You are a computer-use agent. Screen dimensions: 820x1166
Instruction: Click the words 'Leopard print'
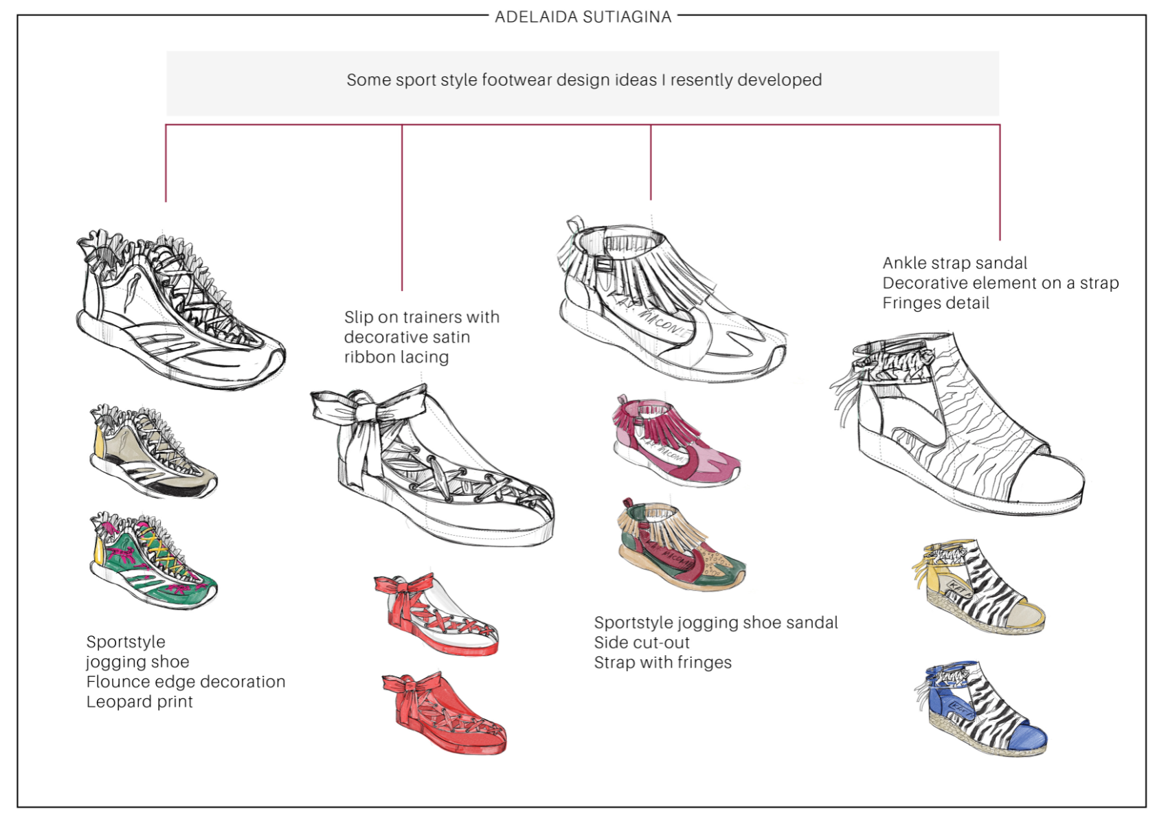point(139,702)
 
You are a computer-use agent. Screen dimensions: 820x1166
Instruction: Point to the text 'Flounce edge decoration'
point(186,682)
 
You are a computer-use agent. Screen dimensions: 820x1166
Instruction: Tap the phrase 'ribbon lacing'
point(396,357)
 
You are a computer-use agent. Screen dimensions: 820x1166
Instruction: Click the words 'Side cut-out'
point(642,643)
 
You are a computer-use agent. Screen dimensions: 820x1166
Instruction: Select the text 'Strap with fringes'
point(663,663)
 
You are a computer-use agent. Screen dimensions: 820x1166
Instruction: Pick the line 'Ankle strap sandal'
point(954,263)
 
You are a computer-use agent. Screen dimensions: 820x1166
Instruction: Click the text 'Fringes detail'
point(936,304)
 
